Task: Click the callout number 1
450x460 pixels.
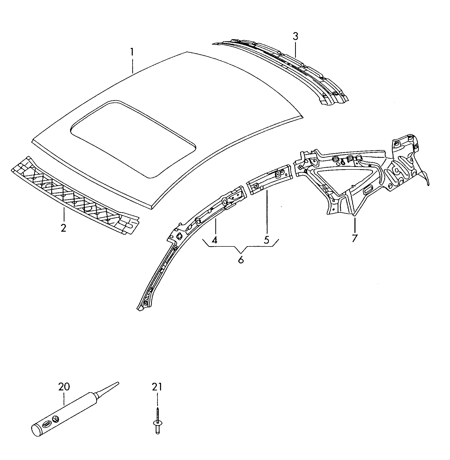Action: (132, 53)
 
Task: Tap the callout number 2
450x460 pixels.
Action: (63, 228)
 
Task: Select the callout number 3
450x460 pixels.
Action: (295, 37)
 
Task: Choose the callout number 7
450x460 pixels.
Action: (354, 238)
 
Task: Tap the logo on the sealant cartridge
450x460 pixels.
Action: (55, 426)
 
